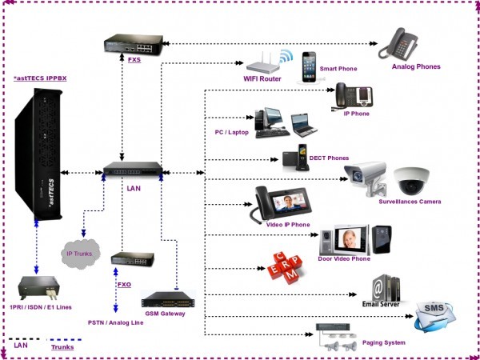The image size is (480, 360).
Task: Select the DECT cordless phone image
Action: tap(297, 156)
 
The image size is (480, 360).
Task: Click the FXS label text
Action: tap(134, 59)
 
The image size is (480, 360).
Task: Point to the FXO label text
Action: tap(124, 283)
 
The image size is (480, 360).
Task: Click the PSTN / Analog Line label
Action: tap(116, 322)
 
